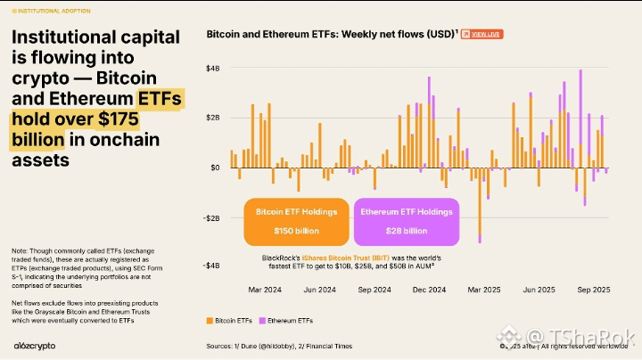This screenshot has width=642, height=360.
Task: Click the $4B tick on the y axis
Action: click(213, 69)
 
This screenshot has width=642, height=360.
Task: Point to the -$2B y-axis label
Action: click(211, 217)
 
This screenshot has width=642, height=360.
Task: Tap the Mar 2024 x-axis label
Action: click(265, 290)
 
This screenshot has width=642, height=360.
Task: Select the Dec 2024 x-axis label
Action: click(430, 290)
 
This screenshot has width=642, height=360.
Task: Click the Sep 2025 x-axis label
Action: click(593, 290)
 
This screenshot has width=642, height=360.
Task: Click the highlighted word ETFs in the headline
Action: click(159, 99)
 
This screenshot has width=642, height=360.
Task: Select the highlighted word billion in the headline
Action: click(37, 140)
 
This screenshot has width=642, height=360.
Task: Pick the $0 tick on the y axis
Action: click(215, 168)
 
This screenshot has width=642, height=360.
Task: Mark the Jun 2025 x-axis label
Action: click(539, 290)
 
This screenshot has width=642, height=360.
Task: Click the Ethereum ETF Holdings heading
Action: click(406, 212)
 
